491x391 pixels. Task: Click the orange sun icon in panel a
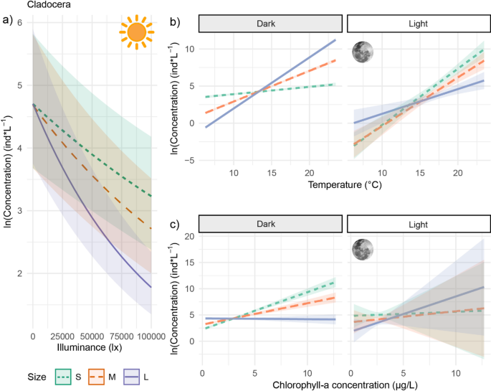pyautogui.click(x=137, y=32)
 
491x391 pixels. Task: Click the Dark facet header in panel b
pyautogui.click(x=270, y=24)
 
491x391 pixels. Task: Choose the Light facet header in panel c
pyautogui.click(x=417, y=224)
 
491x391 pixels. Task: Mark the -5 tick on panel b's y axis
pyautogui.click(x=189, y=159)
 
